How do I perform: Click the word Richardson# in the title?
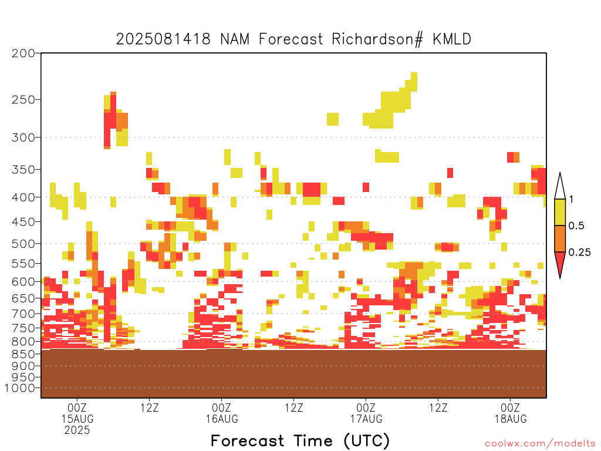tap(377, 39)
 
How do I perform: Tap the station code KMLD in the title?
tap(452, 39)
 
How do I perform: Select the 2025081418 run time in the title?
tap(163, 39)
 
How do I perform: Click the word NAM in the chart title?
tap(235, 39)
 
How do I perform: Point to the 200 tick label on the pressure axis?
tap(23, 53)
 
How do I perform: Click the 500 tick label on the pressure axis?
tap(23, 244)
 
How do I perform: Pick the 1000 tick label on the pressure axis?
tap(20, 388)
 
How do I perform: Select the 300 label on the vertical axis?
tap(23, 137)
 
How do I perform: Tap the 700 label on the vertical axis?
tap(23, 314)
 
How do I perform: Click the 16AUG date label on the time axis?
tap(222, 419)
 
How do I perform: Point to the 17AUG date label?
tap(366, 419)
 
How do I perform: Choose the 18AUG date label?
tap(511, 419)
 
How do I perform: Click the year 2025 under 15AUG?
tap(77, 430)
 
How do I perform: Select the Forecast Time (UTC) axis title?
tap(300, 441)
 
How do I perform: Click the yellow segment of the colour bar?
tap(560, 212)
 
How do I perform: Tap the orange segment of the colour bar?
tap(560, 238)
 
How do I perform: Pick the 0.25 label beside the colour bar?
tap(579, 253)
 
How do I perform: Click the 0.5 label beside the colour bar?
tap(576, 226)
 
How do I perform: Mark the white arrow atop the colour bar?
tap(560, 186)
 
